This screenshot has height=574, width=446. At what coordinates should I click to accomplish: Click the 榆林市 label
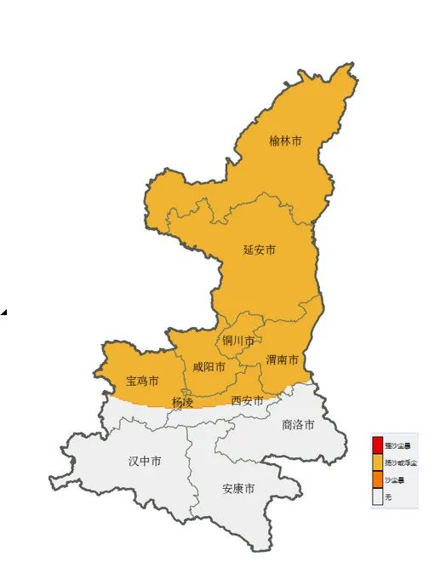[x=285, y=141]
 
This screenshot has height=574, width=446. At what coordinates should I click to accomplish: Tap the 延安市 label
[x=260, y=250]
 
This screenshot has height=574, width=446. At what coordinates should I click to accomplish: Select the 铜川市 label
[x=238, y=341]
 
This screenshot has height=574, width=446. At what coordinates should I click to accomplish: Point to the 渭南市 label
[x=282, y=360]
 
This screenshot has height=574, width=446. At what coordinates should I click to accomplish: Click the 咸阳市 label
[x=209, y=367]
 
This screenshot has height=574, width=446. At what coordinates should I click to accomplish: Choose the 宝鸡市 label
[x=142, y=380]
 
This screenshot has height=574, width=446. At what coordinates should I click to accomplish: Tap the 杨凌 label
[x=182, y=402]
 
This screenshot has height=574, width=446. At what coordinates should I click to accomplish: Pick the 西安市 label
[x=248, y=400]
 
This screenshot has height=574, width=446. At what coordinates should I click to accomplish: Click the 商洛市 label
[x=298, y=424]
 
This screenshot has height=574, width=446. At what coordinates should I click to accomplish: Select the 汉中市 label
[x=145, y=461]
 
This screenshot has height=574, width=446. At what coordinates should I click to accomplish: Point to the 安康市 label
[x=238, y=489]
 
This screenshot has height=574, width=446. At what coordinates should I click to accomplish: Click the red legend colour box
[x=378, y=445]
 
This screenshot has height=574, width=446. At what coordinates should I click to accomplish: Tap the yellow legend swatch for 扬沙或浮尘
[x=378, y=462]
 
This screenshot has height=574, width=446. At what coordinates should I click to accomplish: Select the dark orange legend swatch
[x=378, y=479]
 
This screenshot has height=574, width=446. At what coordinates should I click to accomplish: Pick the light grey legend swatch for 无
[x=378, y=497]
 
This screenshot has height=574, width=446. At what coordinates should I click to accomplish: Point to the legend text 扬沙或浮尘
[x=400, y=462]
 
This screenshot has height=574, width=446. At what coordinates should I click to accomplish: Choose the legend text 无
[x=388, y=497]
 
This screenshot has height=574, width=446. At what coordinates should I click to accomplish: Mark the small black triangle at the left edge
[x=3, y=313]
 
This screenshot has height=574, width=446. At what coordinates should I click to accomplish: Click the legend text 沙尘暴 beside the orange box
[x=394, y=479]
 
